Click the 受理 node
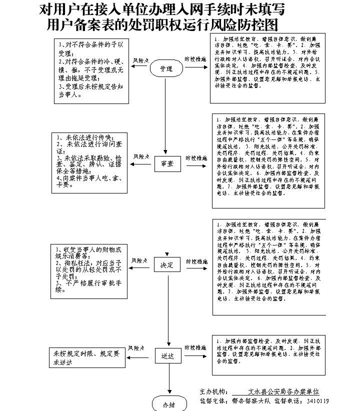click(x=166, y=68)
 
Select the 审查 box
click(x=167, y=163)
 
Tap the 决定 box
click(x=167, y=265)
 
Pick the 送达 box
click(x=167, y=356)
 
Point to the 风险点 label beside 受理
click(x=140, y=60)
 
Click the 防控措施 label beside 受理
click(x=195, y=59)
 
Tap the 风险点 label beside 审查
click(x=141, y=156)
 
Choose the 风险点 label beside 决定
click(x=140, y=260)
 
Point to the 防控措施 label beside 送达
click(x=195, y=347)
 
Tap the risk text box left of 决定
click(x=88, y=272)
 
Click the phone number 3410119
click(x=318, y=401)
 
